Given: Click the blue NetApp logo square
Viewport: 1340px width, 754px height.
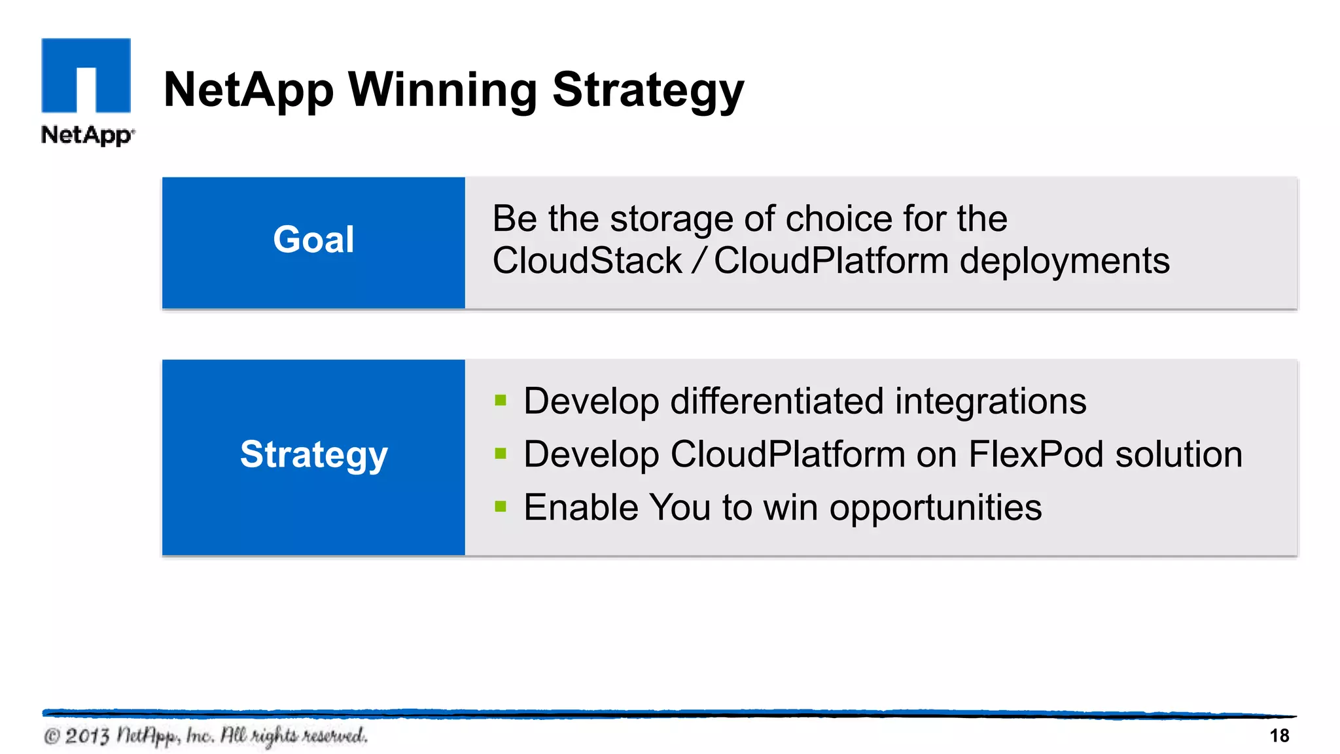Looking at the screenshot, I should pyautogui.click(x=86, y=75).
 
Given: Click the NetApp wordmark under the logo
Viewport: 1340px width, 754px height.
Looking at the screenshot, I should pyautogui.click(x=87, y=135).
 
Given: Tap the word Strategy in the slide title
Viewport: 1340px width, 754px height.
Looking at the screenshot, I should pyautogui.click(x=648, y=90).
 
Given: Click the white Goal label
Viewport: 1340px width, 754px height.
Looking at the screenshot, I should pyautogui.click(x=313, y=240).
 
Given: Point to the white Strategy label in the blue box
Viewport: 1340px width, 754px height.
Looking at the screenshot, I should pyautogui.click(x=313, y=455).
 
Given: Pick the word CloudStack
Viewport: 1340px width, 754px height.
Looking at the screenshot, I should pyautogui.click(x=587, y=260).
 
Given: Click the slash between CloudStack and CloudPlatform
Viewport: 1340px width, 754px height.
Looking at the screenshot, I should pyautogui.click(x=698, y=260).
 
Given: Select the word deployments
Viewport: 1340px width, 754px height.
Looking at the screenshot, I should pyautogui.click(x=1064, y=261).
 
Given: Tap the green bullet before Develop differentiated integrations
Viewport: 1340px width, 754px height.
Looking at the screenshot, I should pyautogui.click(x=501, y=400).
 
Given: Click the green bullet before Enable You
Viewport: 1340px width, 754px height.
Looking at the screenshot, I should pyautogui.click(x=501, y=506).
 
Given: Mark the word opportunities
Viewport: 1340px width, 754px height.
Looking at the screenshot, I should pyautogui.click(x=935, y=508).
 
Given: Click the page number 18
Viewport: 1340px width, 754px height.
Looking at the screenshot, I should pyautogui.click(x=1279, y=736).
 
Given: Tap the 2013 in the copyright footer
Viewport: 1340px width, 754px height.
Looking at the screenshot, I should pyautogui.click(x=87, y=736).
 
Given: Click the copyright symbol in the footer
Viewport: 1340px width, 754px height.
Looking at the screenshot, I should pyautogui.click(x=52, y=737).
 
